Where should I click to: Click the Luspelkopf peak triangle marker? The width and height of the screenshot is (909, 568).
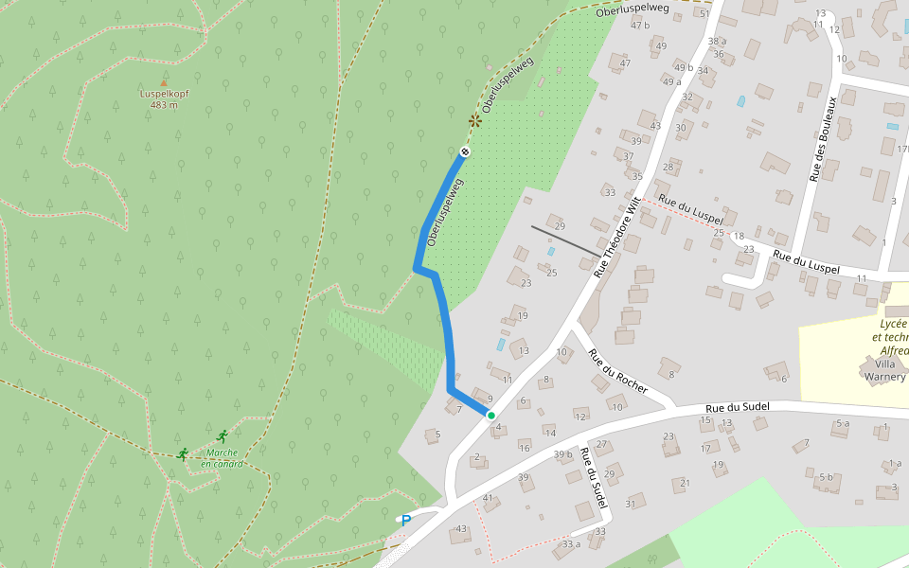pyautogui.click(x=164, y=83)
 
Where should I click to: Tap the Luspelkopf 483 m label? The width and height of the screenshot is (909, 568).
pyautogui.click(x=164, y=99)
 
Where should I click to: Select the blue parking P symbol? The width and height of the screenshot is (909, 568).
pyautogui.click(x=406, y=519)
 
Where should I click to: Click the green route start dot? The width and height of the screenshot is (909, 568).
pyautogui.click(x=490, y=415)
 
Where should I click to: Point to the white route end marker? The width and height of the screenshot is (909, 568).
pyautogui.click(x=465, y=152)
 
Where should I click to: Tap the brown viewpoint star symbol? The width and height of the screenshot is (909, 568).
pyautogui.click(x=474, y=120)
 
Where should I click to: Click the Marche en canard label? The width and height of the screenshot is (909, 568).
pyautogui.click(x=222, y=458)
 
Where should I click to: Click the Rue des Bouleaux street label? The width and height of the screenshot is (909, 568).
pyautogui.click(x=822, y=138)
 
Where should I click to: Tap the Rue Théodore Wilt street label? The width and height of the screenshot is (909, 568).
pyautogui.click(x=617, y=237)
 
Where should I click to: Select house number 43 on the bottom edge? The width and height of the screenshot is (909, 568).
pyautogui.click(x=462, y=528)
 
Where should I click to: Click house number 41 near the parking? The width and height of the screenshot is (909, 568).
pyautogui.click(x=489, y=498)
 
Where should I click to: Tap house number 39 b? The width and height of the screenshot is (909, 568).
pyautogui.click(x=563, y=455)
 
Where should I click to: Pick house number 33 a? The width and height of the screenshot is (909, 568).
pyautogui.click(x=570, y=543)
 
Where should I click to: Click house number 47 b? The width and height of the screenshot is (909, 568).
pyautogui.click(x=640, y=25)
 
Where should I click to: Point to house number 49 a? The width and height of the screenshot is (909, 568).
pyautogui.click(x=671, y=81)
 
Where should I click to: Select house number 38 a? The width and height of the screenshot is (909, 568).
pyautogui.click(x=717, y=41)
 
